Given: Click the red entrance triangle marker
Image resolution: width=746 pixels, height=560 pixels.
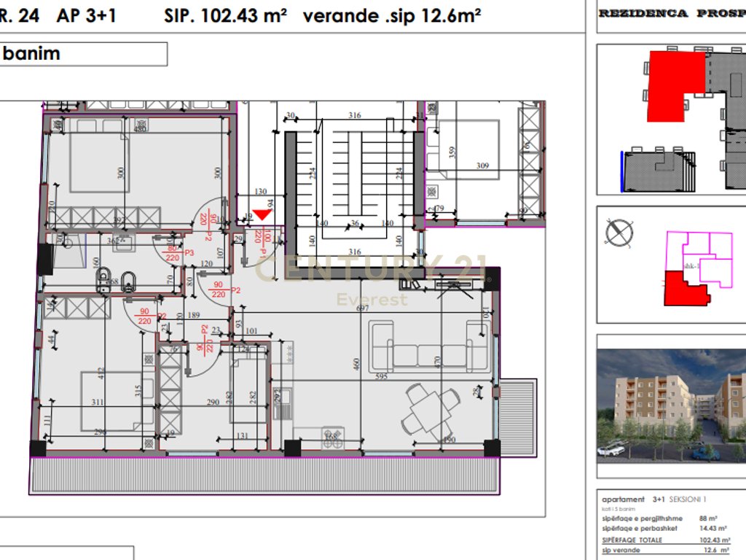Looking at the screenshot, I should click(261, 215).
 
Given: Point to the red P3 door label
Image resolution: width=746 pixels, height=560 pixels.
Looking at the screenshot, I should click(189, 253).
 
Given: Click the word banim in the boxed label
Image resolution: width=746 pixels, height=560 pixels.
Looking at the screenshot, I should click(32, 53).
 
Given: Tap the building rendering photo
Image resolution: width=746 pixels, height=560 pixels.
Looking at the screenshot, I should click(670, 405).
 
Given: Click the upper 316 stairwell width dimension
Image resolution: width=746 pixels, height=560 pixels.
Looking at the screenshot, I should click(355, 115).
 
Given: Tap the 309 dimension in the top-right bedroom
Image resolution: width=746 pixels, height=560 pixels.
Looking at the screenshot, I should click(482, 166).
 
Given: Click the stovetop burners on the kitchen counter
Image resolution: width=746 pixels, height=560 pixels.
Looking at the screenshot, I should click(331, 436).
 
